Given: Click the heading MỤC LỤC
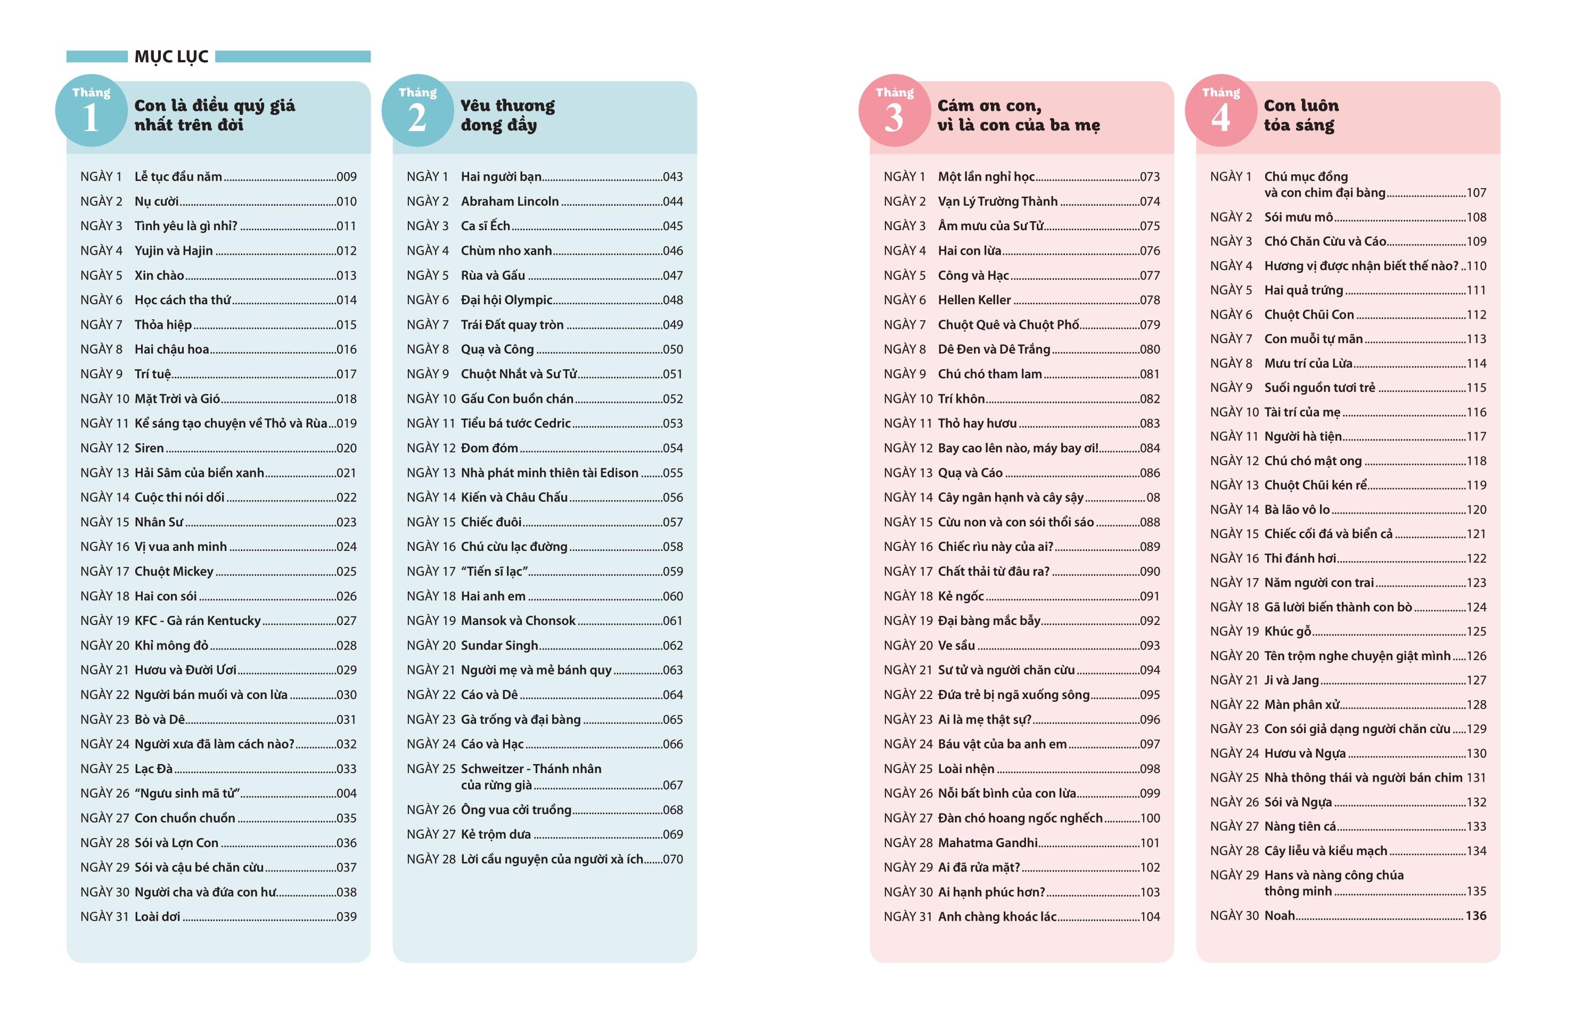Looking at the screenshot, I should [x=171, y=57].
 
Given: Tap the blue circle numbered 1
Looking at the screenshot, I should [x=91, y=110].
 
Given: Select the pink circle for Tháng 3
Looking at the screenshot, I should [x=894, y=110].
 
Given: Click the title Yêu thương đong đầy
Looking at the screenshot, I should [x=508, y=115].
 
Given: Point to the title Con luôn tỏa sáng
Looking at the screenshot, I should [x=1301, y=115].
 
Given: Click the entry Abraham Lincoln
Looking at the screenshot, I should [x=510, y=201].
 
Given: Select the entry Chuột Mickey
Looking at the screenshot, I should [x=174, y=571].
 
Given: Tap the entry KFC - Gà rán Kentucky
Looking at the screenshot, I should [x=198, y=620].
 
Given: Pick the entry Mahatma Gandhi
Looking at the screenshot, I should [x=988, y=842].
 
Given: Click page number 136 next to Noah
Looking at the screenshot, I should [x=1475, y=916].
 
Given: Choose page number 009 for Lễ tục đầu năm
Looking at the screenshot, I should [x=346, y=177].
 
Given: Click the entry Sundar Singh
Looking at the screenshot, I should [x=499, y=645].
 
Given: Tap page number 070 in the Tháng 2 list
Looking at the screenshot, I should [x=672, y=859].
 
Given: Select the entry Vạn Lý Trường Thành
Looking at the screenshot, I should [x=997, y=201].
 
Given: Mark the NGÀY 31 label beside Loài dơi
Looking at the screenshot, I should [x=104, y=916].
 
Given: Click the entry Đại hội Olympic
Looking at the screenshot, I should [x=506, y=300].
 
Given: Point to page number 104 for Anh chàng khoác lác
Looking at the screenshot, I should [x=1150, y=916].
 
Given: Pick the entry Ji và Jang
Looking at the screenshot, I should [x=1291, y=680].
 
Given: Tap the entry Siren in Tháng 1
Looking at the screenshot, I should [x=149, y=448].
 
